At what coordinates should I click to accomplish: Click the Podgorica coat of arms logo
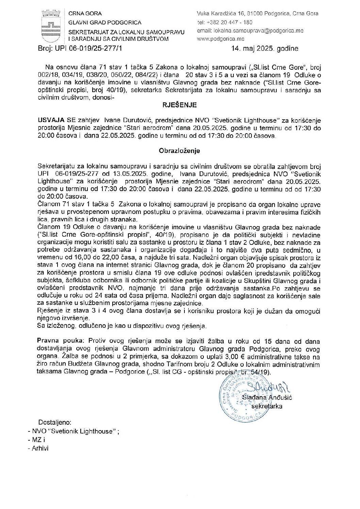coord(50,26)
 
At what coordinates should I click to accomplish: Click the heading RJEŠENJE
coord(179,105)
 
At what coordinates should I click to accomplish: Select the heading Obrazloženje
coord(179,151)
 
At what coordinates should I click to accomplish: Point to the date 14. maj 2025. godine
coord(264,49)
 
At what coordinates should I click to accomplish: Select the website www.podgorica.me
coord(220,39)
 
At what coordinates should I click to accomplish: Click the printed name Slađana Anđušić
coord(267,397)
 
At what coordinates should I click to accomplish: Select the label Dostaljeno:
coord(55,422)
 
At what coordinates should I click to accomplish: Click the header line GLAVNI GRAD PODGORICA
coord(105,22)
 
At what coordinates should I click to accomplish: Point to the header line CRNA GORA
coord(85,14)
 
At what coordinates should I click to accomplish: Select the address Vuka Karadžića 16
coord(225,14)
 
